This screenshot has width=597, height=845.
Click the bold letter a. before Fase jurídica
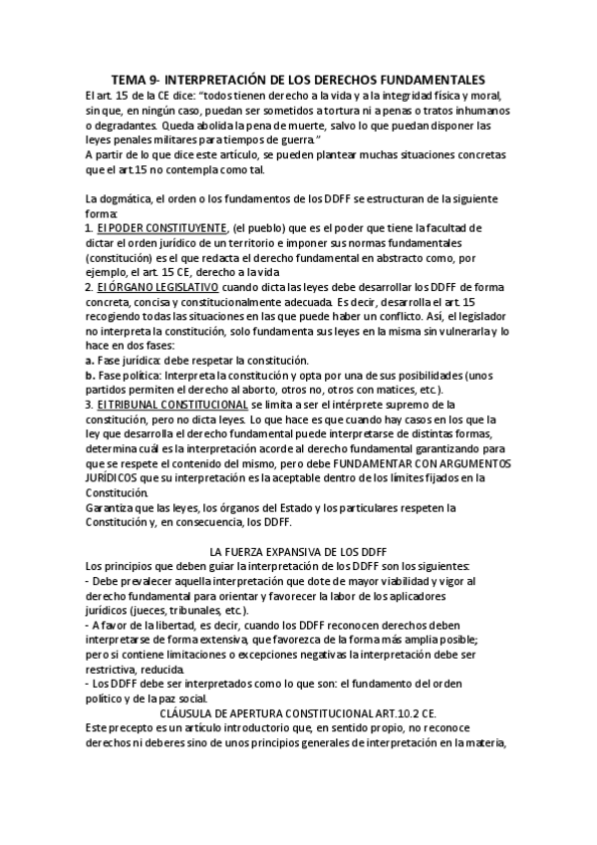(x=90, y=360)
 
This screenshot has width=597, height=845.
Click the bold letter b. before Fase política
(x=90, y=375)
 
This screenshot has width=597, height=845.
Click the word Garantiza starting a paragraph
(x=111, y=507)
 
